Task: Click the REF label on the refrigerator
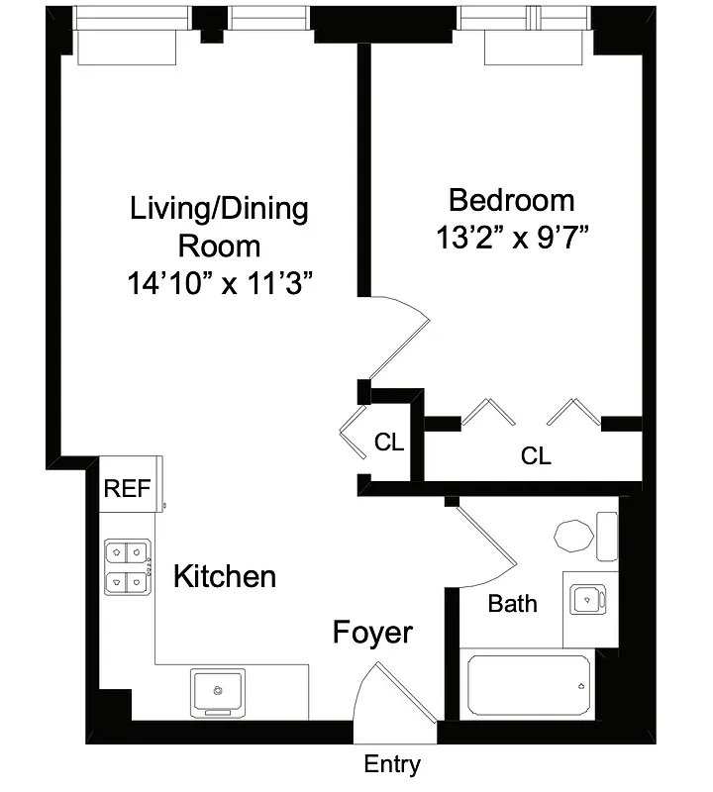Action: (x=127, y=487)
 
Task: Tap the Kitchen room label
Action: (x=225, y=576)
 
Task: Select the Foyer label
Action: (x=372, y=633)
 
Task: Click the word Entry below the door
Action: (x=392, y=764)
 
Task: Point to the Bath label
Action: (x=513, y=603)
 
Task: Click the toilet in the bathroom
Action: (x=574, y=538)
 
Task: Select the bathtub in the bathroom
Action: (x=529, y=685)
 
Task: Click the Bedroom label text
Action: (x=511, y=200)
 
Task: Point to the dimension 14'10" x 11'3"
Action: (x=220, y=284)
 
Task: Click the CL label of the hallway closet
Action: (x=389, y=443)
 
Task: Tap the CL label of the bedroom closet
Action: (x=536, y=456)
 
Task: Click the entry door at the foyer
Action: (x=396, y=698)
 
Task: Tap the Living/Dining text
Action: (x=220, y=209)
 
